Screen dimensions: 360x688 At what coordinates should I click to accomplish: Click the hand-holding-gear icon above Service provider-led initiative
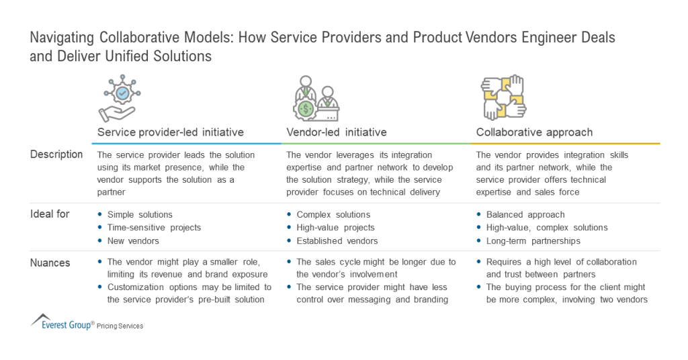[x=122, y=98]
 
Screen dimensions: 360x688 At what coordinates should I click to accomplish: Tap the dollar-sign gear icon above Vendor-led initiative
[x=310, y=98]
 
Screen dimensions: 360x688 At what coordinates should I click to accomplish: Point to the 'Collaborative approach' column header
[x=534, y=132]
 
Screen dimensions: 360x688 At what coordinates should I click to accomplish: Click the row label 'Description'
[x=56, y=154]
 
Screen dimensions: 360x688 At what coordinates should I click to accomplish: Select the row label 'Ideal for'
[x=50, y=214]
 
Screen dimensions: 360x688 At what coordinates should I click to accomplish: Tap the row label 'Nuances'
[x=50, y=263]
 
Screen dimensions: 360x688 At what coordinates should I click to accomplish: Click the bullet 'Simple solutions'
[x=140, y=215]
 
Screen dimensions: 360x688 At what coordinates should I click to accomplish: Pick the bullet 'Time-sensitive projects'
[x=154, y=228]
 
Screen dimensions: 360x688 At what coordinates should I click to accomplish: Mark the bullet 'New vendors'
[x=133, y=240]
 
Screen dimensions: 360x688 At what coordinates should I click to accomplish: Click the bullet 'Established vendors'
[x=337, y=240]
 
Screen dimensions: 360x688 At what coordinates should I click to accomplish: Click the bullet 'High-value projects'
[x=335, y=228]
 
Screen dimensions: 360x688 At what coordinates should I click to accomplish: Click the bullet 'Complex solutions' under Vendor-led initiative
[x=333, y=215]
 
